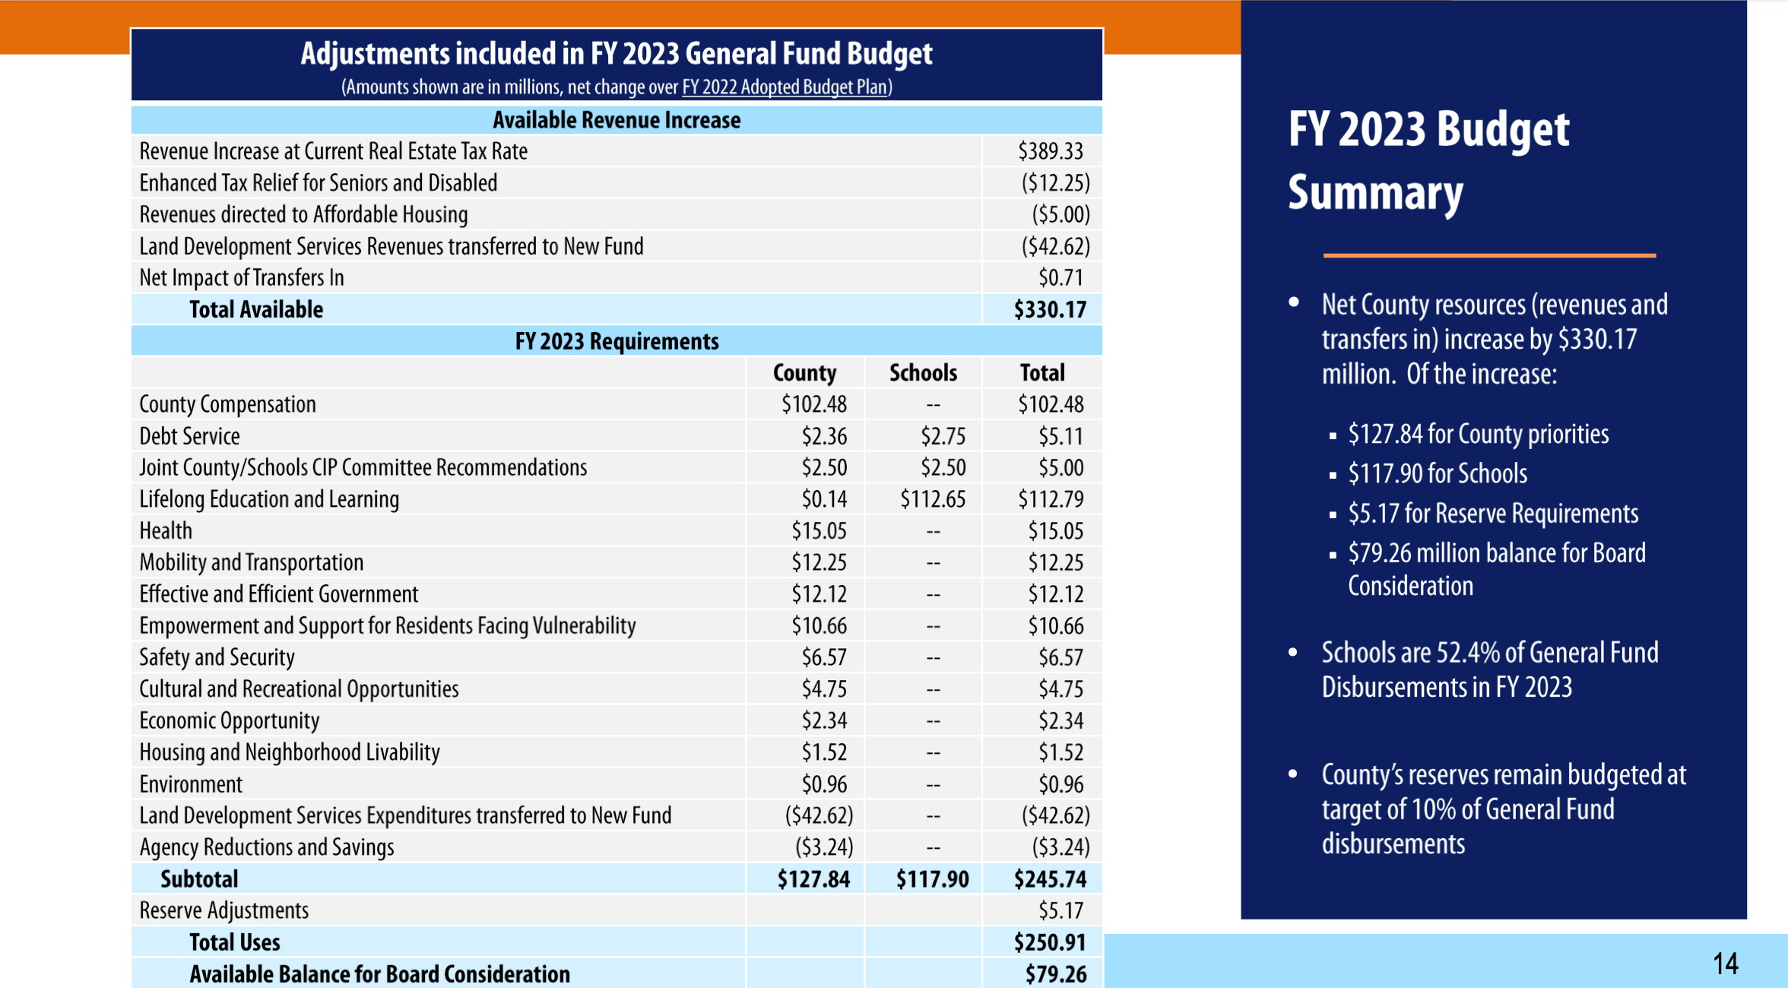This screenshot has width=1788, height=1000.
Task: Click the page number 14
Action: (1726, 964)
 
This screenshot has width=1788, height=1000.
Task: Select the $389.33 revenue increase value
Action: (1051, 151)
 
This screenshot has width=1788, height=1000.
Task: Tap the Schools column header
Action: (923, 372)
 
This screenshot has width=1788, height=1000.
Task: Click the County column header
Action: (804, 372)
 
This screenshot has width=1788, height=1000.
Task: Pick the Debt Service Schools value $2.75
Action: (943, 436)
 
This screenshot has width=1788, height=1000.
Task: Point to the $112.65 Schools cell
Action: (933, 499)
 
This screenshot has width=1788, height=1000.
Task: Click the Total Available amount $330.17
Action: (1050, 309)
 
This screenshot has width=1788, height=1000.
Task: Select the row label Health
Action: (166, 530)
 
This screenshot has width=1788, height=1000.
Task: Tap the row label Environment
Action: (191, 783)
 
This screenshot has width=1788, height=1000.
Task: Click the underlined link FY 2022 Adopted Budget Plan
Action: (785, 87)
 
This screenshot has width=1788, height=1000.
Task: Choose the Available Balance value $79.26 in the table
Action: (1056, 974)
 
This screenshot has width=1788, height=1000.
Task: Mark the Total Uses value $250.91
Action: (1050, 942)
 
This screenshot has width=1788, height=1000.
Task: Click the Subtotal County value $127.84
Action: (813, 879)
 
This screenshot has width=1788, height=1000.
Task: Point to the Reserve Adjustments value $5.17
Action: (1060, 910)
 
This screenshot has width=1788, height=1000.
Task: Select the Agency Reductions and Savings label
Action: (267, 847)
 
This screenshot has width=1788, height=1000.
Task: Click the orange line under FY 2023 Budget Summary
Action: (1489, 255)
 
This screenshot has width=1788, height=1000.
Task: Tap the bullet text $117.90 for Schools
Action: (1438, 473)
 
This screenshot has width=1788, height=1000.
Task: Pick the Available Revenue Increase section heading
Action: (617, 120)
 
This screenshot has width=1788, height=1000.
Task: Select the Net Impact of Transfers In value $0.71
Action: (1060, 278)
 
